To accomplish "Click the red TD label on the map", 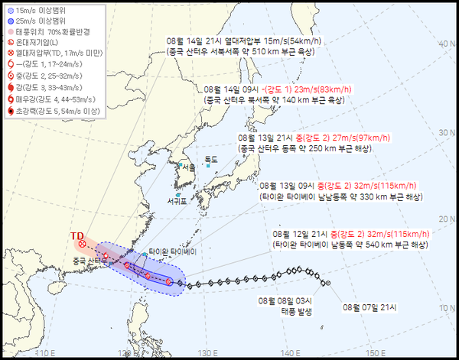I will (x=76, y=235).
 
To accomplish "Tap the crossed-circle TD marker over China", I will (x=82, y=244).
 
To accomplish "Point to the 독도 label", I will (x=211, y=159).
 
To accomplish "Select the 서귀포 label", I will (x=177, y=202).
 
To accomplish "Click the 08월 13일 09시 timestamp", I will (x=283, y=185).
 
